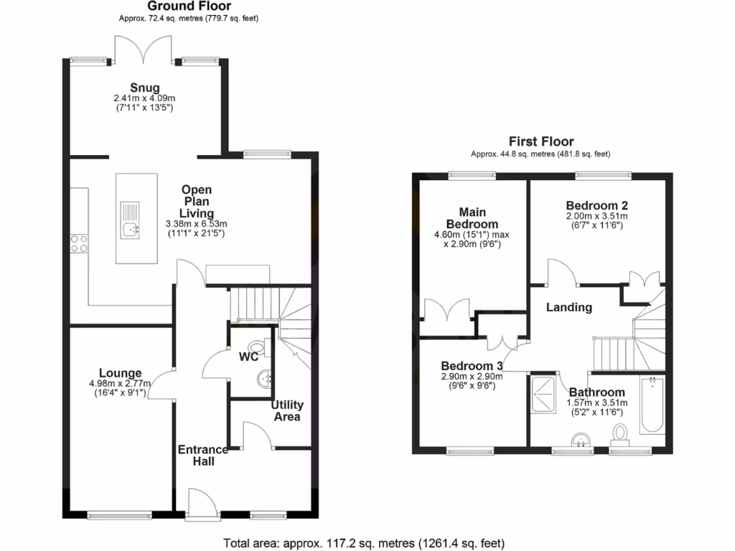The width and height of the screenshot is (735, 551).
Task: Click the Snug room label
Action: click(145, 88)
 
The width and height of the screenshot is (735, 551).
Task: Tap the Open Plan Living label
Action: click(196, 202)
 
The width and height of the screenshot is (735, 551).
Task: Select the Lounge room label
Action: click(120, 373)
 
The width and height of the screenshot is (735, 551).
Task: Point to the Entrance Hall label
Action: click(203, 455)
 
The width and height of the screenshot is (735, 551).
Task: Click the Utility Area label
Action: click(287, 410)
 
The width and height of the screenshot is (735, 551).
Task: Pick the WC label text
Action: click(249, 357)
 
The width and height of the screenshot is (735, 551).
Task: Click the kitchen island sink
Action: click(131, 230)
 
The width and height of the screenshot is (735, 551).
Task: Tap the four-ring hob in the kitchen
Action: click(79, 244)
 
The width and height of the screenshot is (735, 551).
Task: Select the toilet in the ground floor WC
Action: click(265, 347)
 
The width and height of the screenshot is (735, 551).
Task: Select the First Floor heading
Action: click(541, 141)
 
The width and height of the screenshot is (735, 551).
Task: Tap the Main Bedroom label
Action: click(472, 218)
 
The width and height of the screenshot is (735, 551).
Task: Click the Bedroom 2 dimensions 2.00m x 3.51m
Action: click(596, 216)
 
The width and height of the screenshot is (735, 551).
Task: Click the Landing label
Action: click(569, 307)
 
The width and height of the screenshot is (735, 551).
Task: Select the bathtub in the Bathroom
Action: click(652, 405)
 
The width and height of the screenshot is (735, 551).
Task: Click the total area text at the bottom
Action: click(364, 542)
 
